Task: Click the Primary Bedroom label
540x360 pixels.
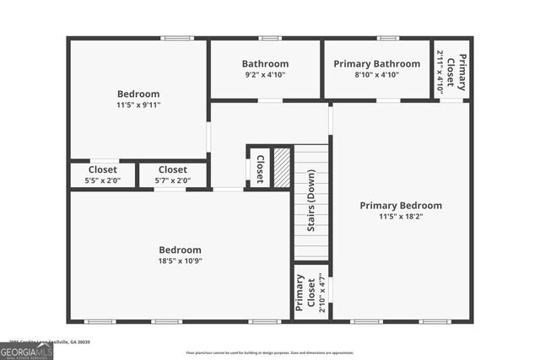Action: [401, 206]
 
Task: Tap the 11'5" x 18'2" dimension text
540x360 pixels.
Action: [401, 217]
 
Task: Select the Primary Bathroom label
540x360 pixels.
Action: [376, 64]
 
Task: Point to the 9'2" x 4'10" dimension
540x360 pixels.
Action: [265, 75]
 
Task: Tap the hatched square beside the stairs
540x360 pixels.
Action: [282, 166]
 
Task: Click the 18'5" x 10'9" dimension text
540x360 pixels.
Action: [181, 261]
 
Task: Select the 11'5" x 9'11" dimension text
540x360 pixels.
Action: [138, 105]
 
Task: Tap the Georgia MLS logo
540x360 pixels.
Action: [26, 351]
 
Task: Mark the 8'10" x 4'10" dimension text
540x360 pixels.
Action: [376, 75]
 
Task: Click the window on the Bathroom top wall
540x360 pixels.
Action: [270, 38]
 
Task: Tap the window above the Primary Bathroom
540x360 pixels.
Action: [388, 38]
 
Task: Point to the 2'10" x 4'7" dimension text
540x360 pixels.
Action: [312, 294]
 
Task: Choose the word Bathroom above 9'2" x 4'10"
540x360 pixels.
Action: [265, 64]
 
